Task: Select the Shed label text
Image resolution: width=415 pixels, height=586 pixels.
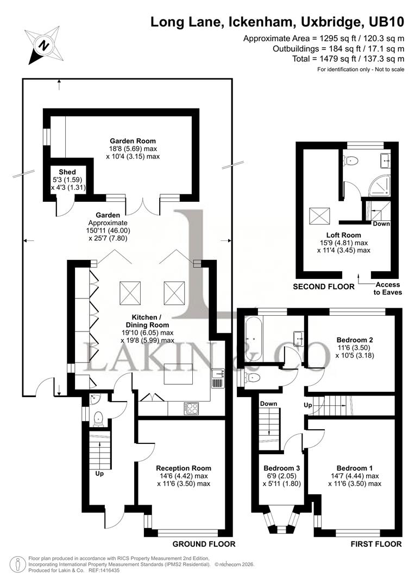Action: click(67, 171)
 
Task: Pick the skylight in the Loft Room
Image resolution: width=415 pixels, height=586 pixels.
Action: click(317, 216)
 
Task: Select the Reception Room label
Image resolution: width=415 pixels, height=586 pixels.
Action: click(183, 468)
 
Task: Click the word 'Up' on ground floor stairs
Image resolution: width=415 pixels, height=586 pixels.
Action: click(99, 474)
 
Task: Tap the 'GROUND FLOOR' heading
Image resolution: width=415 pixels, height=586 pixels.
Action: click(204, 544)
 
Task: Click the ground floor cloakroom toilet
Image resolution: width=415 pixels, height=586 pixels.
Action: click(98, 418)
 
